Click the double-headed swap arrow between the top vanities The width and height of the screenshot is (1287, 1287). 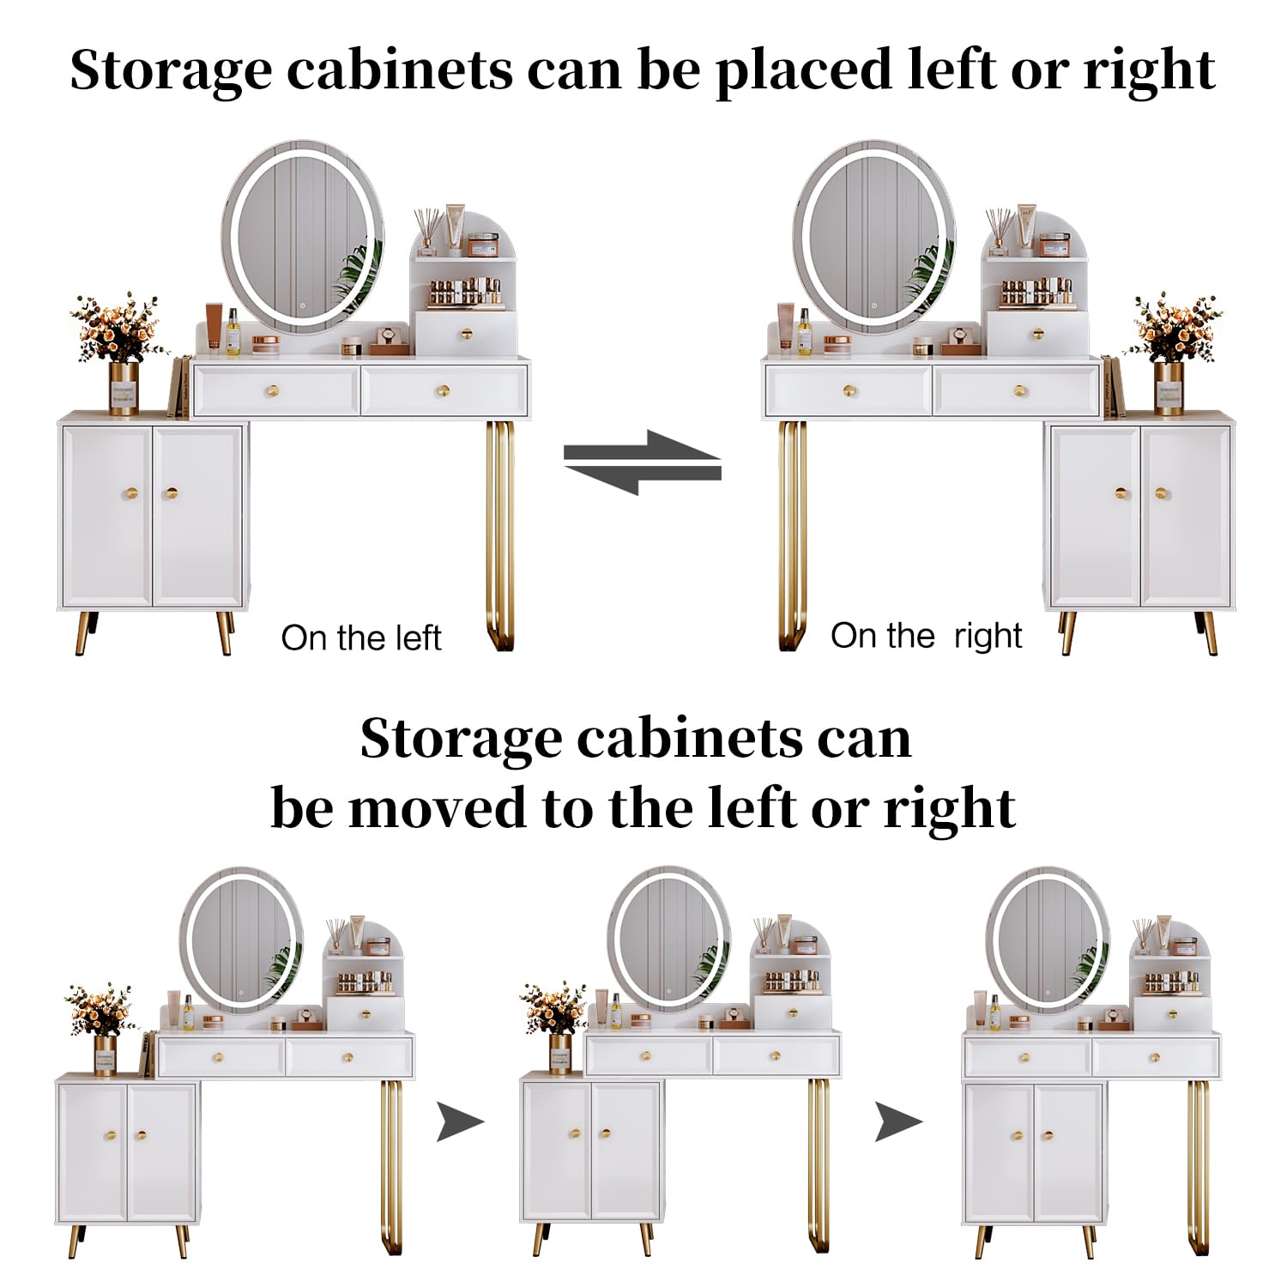point(642,462)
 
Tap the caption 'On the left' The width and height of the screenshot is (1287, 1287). point(361,638)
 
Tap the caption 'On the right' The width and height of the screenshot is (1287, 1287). point(926,637)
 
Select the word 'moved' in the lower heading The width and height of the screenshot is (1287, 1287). point(437,808)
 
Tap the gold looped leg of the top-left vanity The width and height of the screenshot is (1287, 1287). point(500,535)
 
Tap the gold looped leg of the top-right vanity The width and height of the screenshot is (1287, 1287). point(792,535)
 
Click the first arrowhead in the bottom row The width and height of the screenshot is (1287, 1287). point(461,1121)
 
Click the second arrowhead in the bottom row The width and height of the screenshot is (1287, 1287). point(898,1121)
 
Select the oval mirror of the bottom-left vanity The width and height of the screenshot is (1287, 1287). point(242,940)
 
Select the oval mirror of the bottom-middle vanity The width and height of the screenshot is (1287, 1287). point(669,940)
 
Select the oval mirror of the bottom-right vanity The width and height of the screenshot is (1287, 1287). point(1048,940)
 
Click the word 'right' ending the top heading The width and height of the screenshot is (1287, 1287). point(1150,71)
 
